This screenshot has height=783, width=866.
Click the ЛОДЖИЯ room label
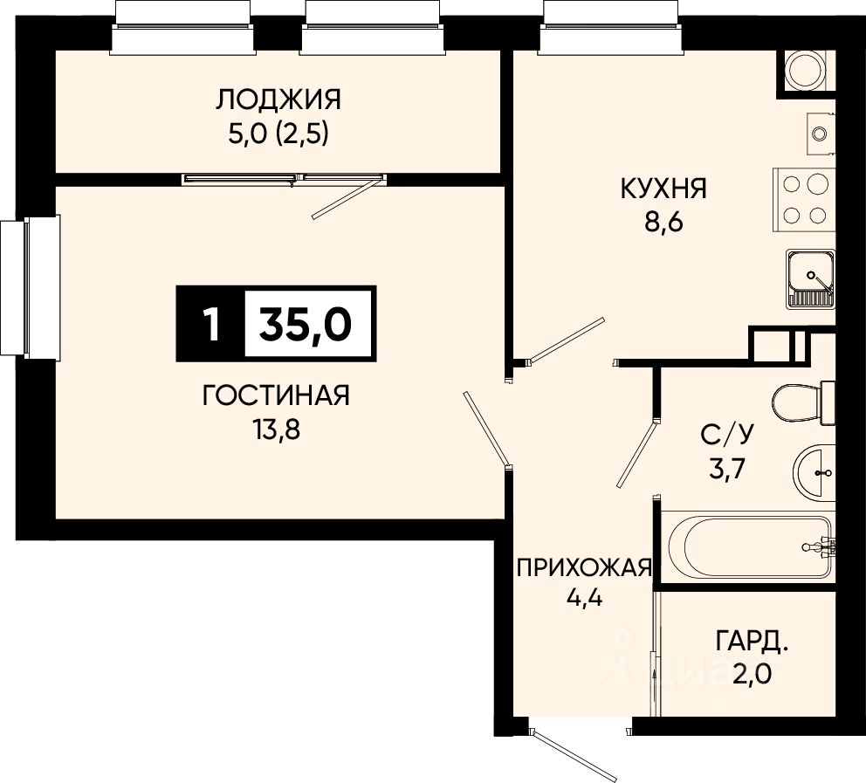click(278, 100)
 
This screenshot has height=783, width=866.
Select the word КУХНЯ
click(663, 189)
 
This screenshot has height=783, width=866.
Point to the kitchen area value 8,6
click(663, 223)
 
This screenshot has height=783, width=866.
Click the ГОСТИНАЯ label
click(276, 395)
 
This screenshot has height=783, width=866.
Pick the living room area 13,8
click(277, 429)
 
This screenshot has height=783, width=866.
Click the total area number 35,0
click(306, 324)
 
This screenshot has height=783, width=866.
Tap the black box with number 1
click(210, 324)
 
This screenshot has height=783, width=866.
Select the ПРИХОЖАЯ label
click(584, 567)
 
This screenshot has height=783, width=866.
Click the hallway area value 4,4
click(584, 598)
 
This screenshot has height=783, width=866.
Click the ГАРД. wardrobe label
click(752, 642)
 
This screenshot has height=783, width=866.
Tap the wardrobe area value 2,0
click(752, 674)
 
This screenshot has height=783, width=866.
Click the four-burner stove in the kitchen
click(804, 199)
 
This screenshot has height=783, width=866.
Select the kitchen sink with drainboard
click(811, 278)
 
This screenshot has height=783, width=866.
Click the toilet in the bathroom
click(804, 403)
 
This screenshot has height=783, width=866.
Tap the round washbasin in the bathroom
click(814, 472)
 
